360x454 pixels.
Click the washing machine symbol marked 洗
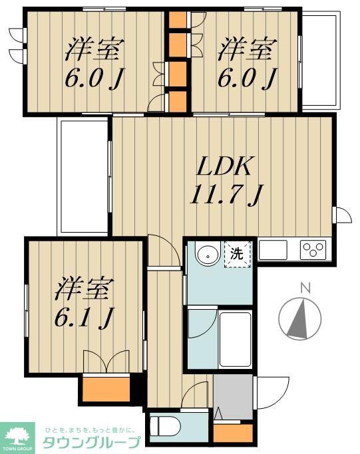236,253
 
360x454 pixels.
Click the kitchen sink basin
273,250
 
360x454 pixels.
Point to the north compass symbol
305,318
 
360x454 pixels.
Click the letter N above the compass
305,288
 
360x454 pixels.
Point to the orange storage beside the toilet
234,432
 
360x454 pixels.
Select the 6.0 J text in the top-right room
247,79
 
